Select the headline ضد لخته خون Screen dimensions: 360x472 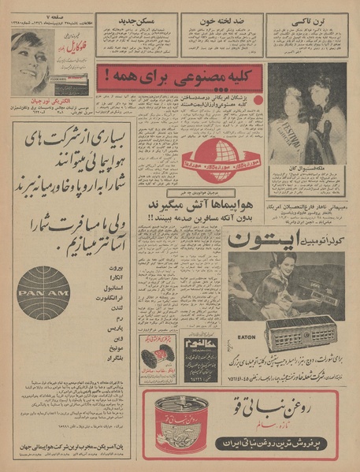(x=221, y=20)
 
